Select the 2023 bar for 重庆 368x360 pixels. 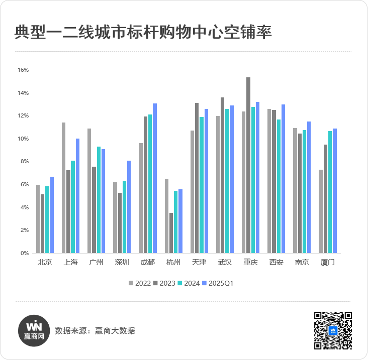point(248,165)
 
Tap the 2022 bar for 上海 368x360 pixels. point(64,188)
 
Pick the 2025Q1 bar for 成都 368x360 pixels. point(155,178)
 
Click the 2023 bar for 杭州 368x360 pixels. point(171,233)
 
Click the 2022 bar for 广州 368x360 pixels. point(89,191)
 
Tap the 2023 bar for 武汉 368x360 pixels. point(223,175)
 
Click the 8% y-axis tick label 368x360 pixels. point(24,162)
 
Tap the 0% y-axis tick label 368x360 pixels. point(24,253)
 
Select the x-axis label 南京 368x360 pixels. point(302,262)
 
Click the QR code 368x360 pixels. point(333,330)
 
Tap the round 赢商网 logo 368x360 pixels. point(34,331)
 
